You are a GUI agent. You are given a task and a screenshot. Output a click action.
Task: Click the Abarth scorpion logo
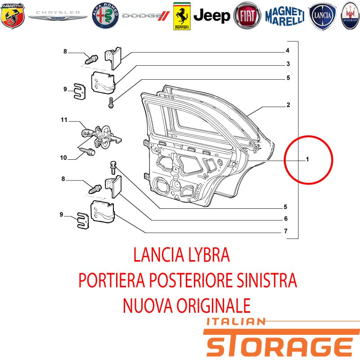coord(13,16)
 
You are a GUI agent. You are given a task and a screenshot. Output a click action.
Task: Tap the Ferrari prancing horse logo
coord(182,16)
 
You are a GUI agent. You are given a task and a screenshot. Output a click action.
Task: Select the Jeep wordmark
coord(211,16)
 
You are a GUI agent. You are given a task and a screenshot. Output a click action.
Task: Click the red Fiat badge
coord(247,16)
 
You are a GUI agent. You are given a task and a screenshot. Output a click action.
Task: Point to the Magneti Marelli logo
coord(285,16)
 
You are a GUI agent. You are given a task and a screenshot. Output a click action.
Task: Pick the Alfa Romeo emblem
coord(105,16)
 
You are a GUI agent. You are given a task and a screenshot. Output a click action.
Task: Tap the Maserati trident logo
coord(351,16)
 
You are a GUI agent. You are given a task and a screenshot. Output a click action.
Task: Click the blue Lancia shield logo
coord(322,16)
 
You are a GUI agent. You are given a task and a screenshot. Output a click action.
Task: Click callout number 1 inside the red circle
coord(307,159)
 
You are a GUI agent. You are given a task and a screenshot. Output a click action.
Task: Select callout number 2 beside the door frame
coord(288,105)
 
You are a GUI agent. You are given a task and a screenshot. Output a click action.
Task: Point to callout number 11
coord(64,120)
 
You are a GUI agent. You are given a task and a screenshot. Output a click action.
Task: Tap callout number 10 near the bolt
coord(63,158)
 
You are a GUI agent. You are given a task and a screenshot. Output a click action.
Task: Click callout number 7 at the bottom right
coord(286,231)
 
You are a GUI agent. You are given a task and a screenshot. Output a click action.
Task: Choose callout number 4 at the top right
coord(288,50)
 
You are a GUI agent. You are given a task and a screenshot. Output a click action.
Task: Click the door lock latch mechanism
coord(103,137)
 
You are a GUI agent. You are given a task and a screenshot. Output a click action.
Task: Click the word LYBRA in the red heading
coord(209,255)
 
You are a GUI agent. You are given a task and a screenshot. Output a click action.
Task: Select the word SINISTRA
coord(266,280)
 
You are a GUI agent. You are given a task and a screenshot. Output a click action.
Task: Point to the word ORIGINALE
coord(213,306)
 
